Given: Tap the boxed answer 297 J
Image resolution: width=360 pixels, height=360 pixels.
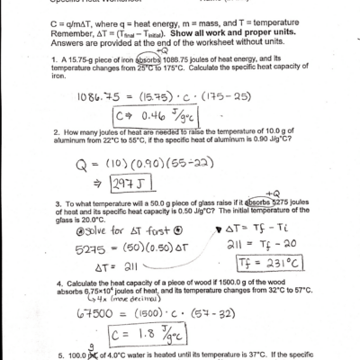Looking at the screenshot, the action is pyautogui.click(x=137, y=183).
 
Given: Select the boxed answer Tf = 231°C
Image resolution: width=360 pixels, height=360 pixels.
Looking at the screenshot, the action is pyautogui.click(x=283, y=263).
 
